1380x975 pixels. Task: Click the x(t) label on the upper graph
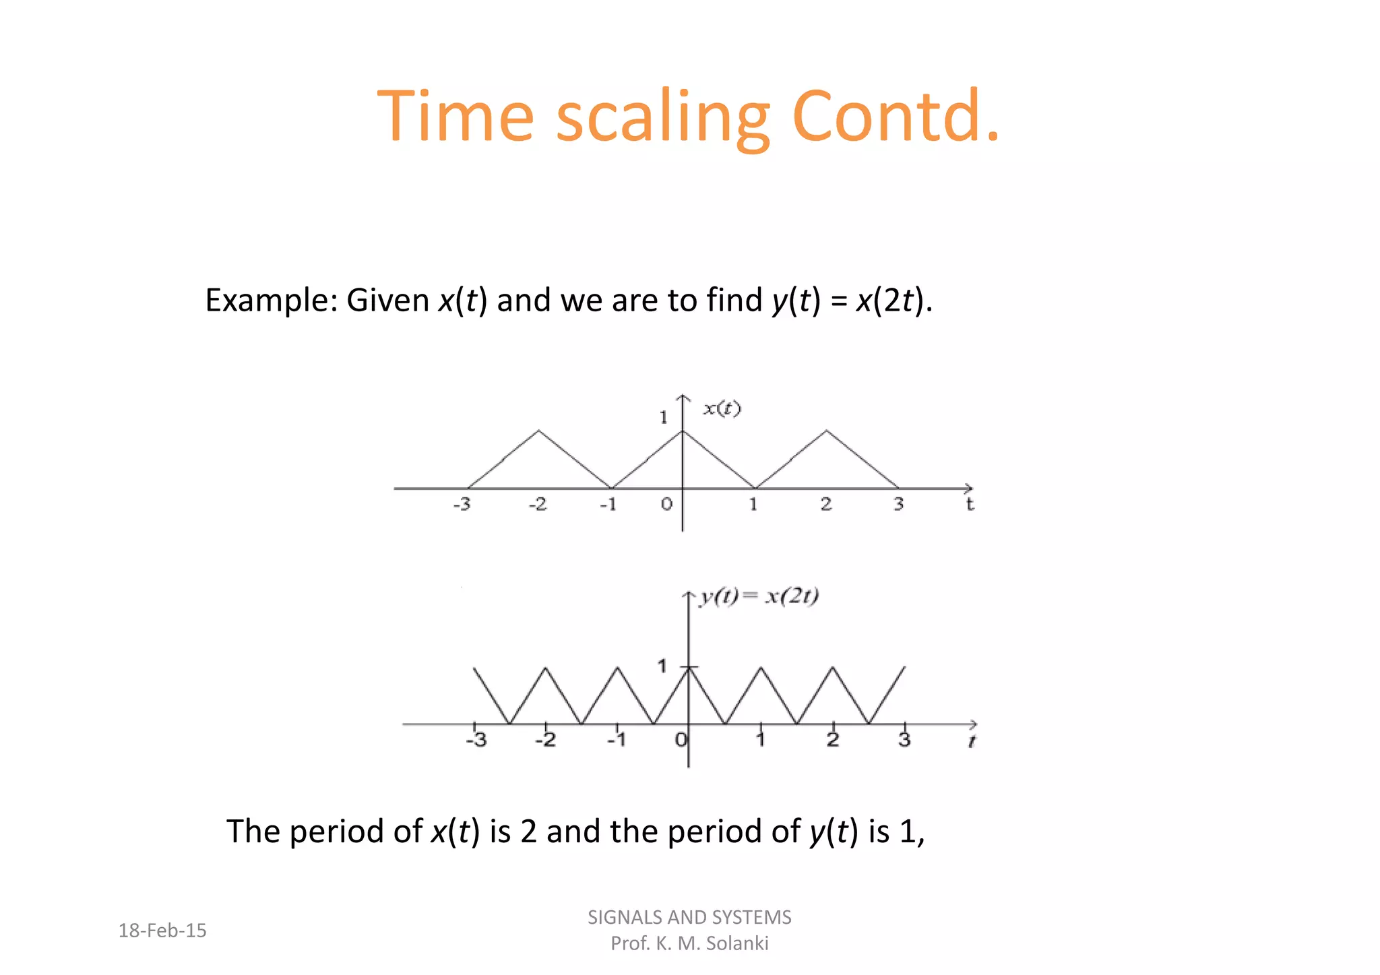pos(722,408)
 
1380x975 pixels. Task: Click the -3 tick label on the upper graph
pos(462,504)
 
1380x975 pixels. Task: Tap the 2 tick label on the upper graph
pos(826,504)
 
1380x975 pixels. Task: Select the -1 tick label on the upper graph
pos(608,504)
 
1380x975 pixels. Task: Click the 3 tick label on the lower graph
pos(904,740)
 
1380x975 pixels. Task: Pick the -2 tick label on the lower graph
pos(545,740)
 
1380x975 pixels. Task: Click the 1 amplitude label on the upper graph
pos(664,418)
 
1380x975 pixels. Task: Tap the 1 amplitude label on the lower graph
pos(662,666)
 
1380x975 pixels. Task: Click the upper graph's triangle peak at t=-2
pos(538,431)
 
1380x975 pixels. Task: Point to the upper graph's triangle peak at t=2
pos(827,431)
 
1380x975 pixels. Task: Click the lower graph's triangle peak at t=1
pos(761,668)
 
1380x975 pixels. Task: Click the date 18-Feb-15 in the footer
pos(162,931)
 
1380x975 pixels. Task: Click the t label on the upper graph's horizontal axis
pos(970,504)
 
